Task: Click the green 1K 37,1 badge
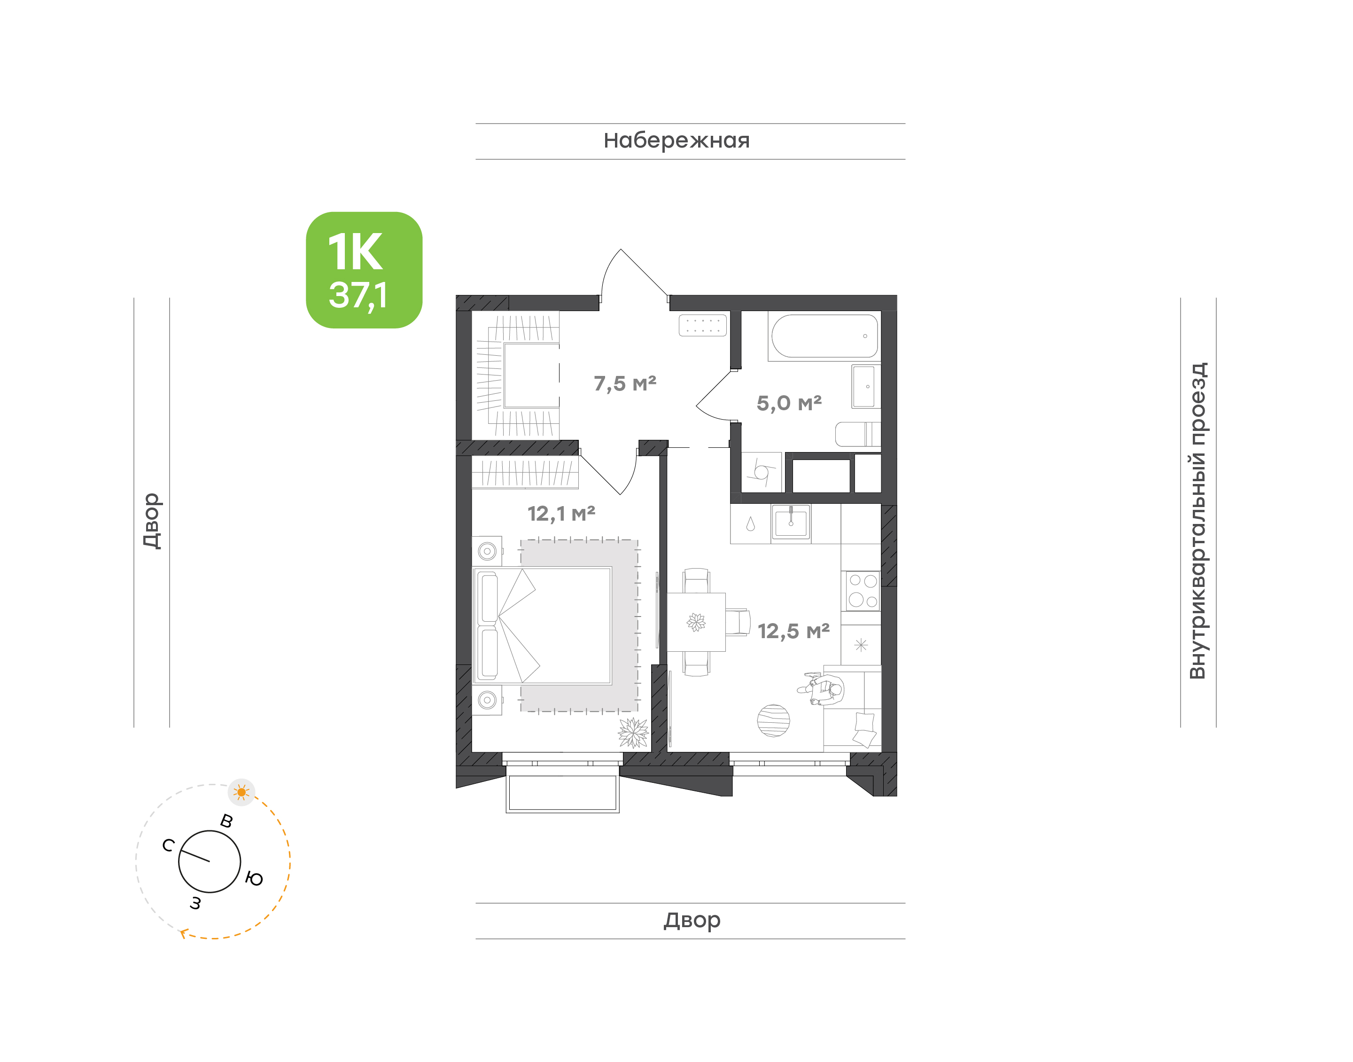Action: click(364, 270)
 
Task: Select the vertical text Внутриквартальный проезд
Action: click(1197, 521)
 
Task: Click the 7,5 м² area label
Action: click(625, 383)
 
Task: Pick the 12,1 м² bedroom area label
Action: click(561, 514)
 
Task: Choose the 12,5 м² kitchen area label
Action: click(793, 631)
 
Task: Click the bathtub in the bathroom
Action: click(824, 336)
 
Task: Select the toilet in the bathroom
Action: click(858, 434)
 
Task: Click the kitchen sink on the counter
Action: click(791, 522)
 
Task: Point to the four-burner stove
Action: click(863, 590)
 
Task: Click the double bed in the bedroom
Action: click(542, 625)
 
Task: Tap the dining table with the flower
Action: click(696, 622)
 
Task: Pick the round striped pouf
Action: click(773, 721)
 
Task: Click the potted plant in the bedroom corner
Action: click(633, 733)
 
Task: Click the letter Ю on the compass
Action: click(254, 879)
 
